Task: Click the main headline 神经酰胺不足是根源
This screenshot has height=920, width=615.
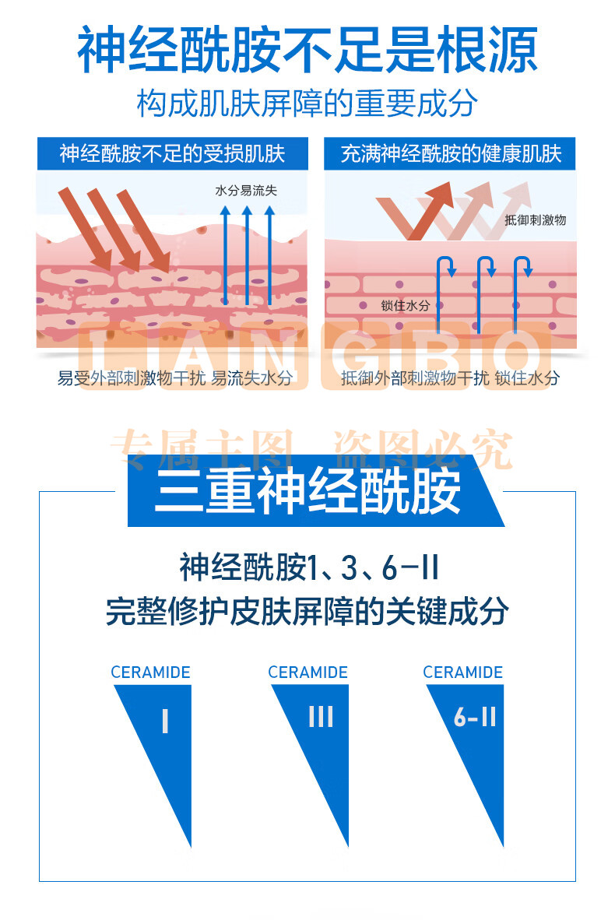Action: click(307, 49)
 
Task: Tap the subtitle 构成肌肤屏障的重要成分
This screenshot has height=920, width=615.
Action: click(307, 104)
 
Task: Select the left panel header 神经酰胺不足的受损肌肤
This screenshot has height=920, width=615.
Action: click(172, 154)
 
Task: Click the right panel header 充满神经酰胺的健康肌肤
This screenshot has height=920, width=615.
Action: click(451, 154)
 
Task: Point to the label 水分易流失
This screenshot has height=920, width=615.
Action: click(246, 190)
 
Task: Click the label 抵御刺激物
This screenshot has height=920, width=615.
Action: click(535, 220)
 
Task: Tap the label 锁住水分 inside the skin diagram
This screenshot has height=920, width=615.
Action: click(406, 305)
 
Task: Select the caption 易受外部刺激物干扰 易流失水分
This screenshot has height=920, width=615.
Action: click(175, 377)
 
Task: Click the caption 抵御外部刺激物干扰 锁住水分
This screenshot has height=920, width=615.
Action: click(450, 377)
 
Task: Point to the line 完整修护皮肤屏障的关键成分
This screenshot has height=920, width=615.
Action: click(307, 611)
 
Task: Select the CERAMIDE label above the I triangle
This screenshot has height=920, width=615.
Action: click(151, 672)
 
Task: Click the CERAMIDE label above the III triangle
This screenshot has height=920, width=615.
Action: click(308, 672)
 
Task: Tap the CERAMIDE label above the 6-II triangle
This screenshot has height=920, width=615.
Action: click(463, 672)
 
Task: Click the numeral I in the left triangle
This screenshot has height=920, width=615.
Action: click(166, 721)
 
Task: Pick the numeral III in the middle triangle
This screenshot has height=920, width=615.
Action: click(321, 716)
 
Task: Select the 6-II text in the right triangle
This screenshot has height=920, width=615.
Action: click(476, 716)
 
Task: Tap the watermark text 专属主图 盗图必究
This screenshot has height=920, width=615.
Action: click(311, 449)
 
